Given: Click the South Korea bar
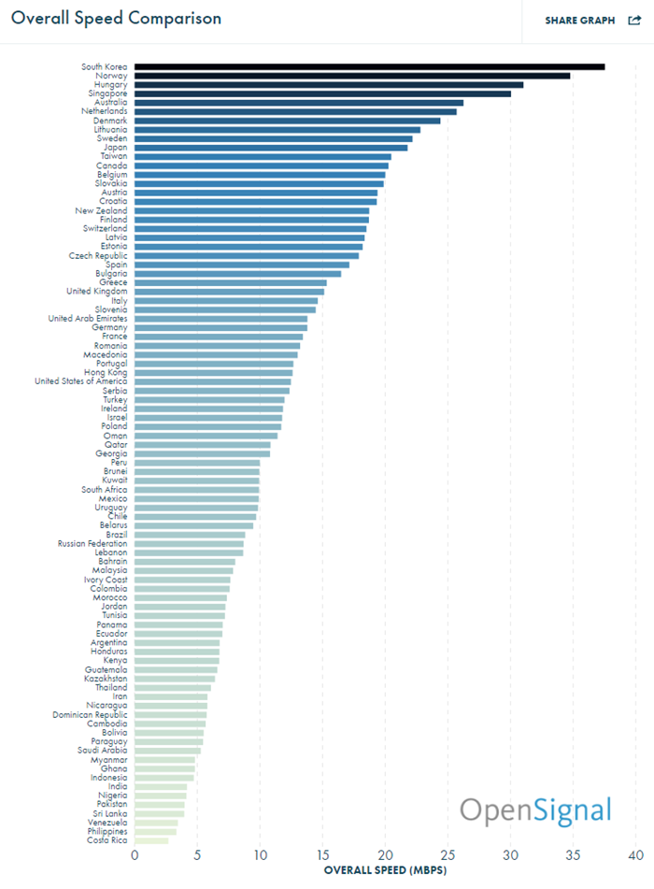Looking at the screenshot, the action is pos(369,67).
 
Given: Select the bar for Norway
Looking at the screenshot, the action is pos(352,76).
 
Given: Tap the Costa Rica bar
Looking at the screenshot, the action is pos(151,840).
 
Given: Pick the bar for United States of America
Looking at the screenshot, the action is pos(212,381).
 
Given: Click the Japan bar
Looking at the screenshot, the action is pos(271,148).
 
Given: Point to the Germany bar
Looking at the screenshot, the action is pos(220,328).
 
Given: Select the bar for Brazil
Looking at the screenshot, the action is pos(190,535).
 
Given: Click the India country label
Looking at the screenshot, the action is pos(118,786).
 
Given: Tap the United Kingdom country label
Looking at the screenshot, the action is pos(97,292).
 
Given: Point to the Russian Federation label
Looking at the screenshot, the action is pos(92,544).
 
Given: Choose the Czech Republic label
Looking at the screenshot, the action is pos(98,256).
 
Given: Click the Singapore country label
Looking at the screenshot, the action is pos(107,93).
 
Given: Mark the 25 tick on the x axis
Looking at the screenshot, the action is pos(448,855).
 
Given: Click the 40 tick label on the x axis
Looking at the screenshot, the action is pos(636,855).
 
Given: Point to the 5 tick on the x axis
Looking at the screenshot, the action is pos(197,855).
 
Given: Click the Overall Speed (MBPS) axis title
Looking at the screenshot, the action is pos(385,870).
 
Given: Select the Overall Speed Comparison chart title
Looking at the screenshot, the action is pos(116,18).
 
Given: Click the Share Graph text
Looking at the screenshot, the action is pos(580,21).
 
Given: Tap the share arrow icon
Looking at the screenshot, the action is pos(634,21).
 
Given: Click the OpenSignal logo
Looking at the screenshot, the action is pos(535,810).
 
